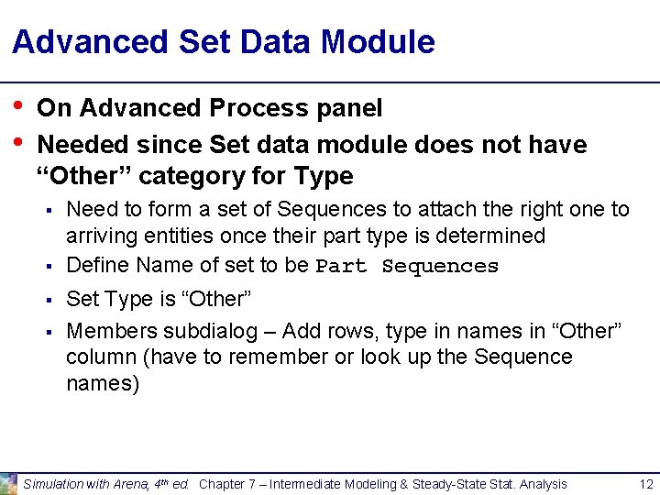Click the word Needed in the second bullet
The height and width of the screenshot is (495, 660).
(x=84, y=145)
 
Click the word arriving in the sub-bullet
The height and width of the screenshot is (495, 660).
(x=99, y=236)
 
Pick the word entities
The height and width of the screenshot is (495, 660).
(x=172, y=236)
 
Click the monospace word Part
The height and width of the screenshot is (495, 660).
(x=343, y=267)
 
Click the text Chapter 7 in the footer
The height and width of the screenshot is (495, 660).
(x=223, y=484)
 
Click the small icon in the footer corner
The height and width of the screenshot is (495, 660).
(x=8, y=483)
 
